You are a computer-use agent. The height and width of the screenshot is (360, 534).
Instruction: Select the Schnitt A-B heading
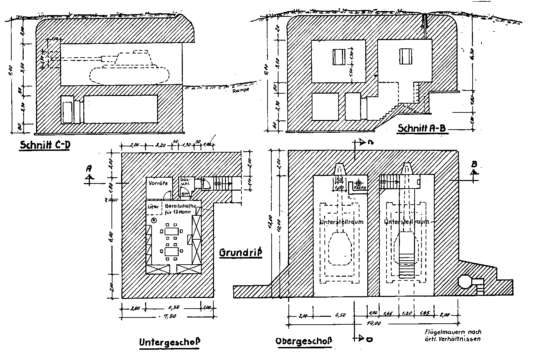(422, 128)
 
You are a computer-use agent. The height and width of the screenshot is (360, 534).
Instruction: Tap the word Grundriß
(240, 253)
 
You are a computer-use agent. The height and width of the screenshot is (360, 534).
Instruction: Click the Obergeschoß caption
(304, 341)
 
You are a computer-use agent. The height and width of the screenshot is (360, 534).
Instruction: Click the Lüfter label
(153, 207)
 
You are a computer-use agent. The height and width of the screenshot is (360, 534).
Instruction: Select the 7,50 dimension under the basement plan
(169, 316)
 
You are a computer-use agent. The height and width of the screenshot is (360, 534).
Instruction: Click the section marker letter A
(89, 168)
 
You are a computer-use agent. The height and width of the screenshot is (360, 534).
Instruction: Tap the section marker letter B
(474, 164)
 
